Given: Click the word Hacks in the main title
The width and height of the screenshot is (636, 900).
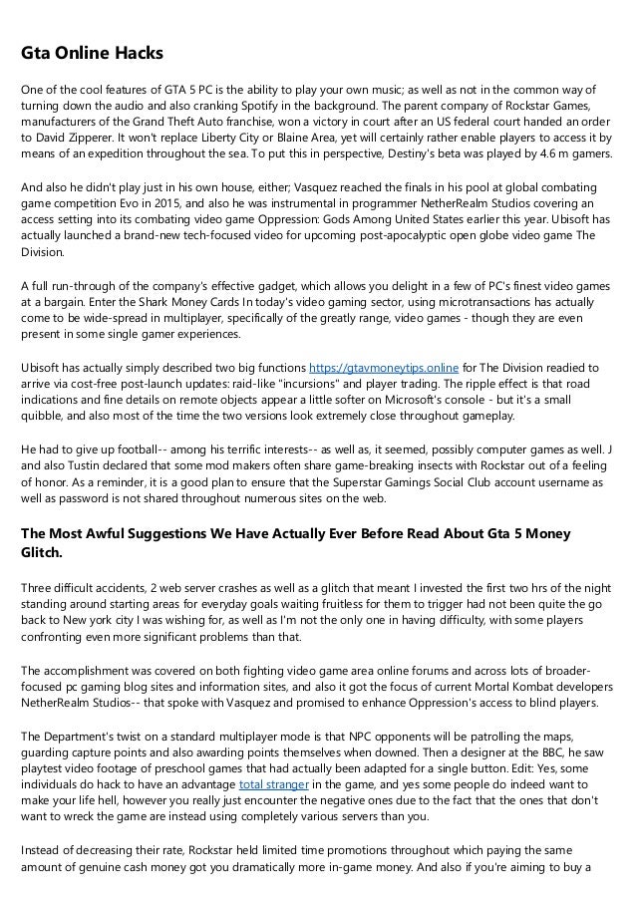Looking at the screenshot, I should (135, 51).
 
